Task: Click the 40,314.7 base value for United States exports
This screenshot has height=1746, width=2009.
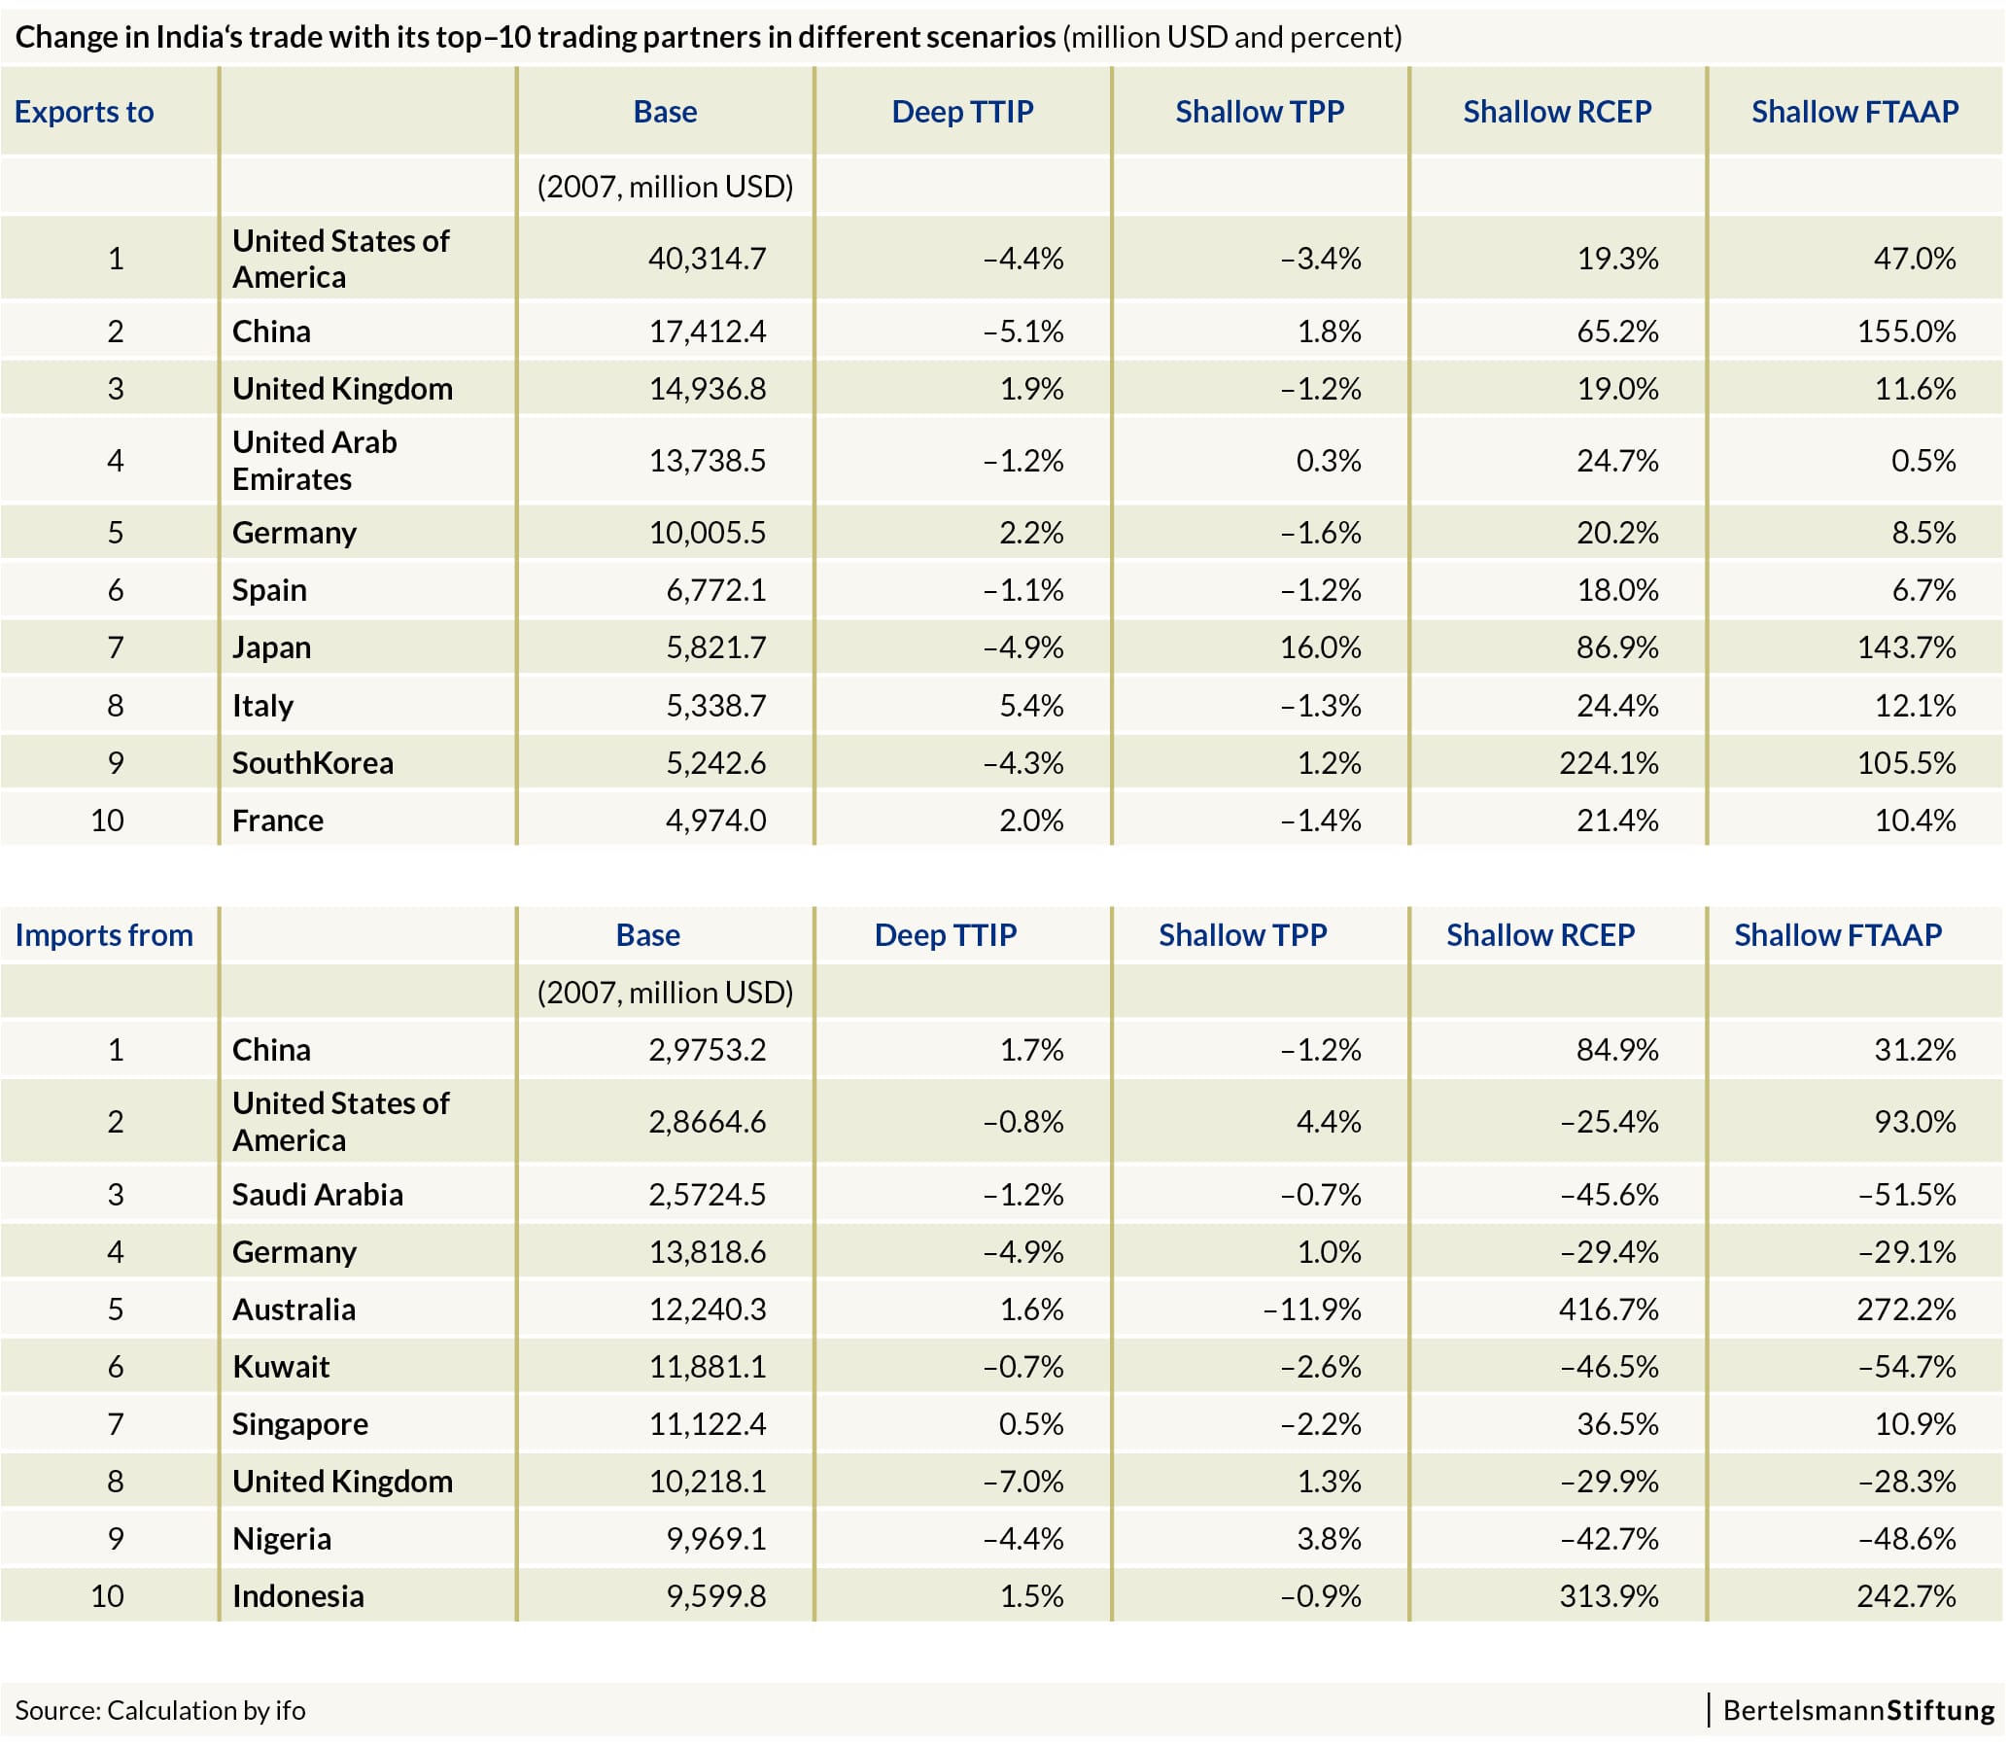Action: tap(708, 259)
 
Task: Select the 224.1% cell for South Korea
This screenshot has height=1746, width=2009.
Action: tap(1609, 763)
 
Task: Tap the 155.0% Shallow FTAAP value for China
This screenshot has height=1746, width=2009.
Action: tap(1906, 332)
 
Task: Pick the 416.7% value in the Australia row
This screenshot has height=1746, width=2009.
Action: tap(1609, 1309)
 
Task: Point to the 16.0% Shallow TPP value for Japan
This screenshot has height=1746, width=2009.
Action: tap(1320, 646)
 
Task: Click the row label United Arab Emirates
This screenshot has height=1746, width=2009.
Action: tap(315, 461)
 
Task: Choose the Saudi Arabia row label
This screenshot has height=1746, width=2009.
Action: tap(318, 1195)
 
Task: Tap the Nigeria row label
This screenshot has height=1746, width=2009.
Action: tap(282, 1539)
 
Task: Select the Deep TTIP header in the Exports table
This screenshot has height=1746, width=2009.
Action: tap(962, 112)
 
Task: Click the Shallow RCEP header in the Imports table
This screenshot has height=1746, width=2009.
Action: tap(1541, 935)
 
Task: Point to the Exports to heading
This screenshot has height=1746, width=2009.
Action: tap(85, 112)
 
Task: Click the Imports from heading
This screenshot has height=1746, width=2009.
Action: tap(104, 935)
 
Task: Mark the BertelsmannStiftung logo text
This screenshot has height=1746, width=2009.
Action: tap(1858, 1710)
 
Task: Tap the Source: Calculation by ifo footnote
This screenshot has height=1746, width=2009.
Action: tap(159, 1710)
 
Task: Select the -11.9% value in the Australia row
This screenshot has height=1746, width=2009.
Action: tap(1312, 1309)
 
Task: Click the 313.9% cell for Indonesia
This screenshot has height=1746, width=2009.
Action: tap(1609, 1596)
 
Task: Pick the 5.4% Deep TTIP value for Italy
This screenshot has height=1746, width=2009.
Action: tap(1032, 706)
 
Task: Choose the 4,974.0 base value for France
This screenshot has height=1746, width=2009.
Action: tap(716, 821)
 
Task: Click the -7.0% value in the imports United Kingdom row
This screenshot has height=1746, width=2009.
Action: tap(1023, 1481)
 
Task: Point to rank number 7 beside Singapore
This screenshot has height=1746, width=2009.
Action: tap(115, 1424)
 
